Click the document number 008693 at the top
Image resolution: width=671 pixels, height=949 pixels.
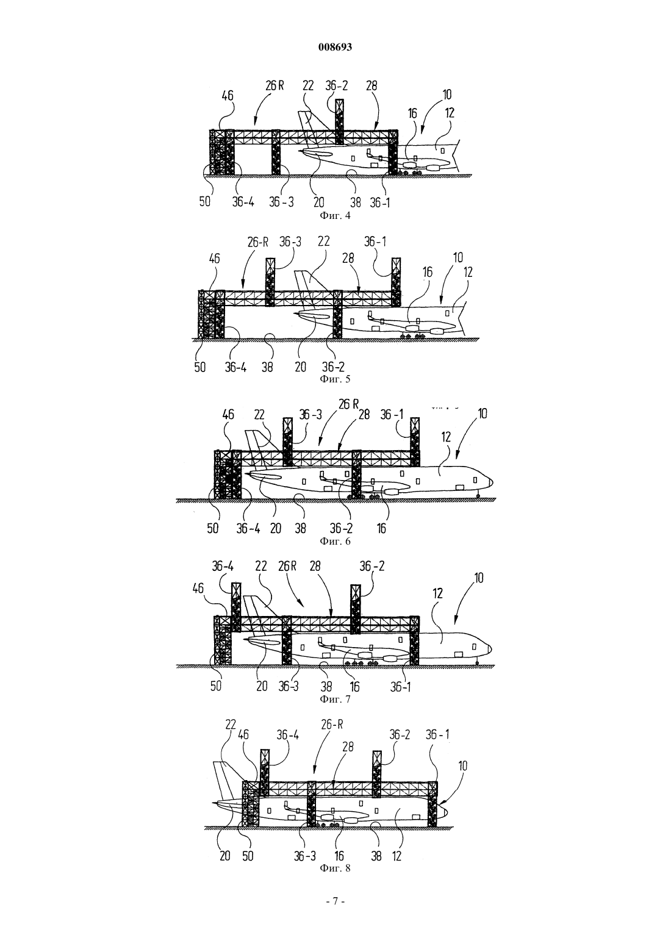point(335,47)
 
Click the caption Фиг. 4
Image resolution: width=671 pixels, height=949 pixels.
point(335,216)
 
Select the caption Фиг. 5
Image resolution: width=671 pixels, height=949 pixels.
point(335,379)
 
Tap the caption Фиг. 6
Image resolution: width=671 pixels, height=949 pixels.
point(335,541)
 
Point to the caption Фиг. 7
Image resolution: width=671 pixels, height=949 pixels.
point(335,699)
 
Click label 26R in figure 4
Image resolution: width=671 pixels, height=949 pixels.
point(274,85)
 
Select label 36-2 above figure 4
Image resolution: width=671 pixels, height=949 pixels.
point(336,85)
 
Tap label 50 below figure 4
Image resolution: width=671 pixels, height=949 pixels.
point(204,201)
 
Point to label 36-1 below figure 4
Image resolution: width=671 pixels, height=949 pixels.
point(379,202)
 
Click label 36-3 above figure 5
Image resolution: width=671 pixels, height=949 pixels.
point(290,242)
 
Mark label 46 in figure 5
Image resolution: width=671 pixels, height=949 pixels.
point(215,258)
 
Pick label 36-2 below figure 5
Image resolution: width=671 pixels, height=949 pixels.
point(334,366)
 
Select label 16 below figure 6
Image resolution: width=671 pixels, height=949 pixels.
point(381,528)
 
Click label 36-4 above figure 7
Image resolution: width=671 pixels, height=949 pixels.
point(223,566)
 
